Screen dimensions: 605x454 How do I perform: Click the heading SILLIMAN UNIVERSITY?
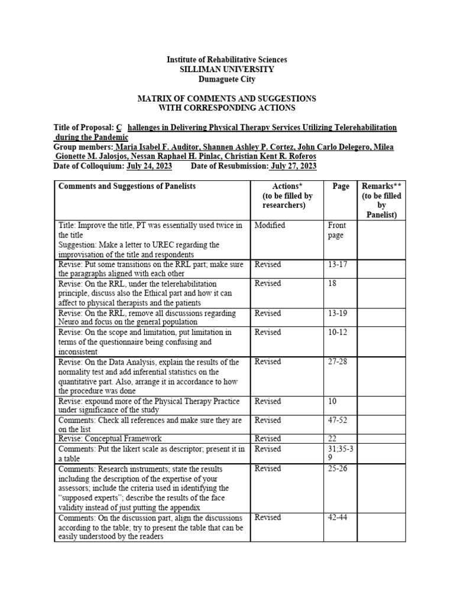point(227,70)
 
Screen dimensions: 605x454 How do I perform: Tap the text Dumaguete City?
point(227,79)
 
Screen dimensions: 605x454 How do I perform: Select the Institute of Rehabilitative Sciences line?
point(227,60)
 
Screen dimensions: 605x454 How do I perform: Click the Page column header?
point(340,186)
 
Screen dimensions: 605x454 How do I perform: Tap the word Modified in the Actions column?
point(270,225)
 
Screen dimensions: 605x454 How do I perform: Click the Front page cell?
point(337,230)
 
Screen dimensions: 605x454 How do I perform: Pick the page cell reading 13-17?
point(338,264)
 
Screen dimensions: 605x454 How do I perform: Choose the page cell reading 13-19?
point(338,313)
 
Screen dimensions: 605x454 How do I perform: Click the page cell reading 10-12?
point(338,332)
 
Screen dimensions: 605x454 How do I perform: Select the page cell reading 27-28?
point(338,362)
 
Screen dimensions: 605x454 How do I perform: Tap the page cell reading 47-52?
point(338,420)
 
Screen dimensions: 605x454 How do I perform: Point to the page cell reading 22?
point(332,439)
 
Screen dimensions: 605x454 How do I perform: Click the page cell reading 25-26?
point(338,469)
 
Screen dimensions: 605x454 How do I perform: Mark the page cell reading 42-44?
point(338,518)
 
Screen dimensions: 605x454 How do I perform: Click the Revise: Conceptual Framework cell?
point(109,439)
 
